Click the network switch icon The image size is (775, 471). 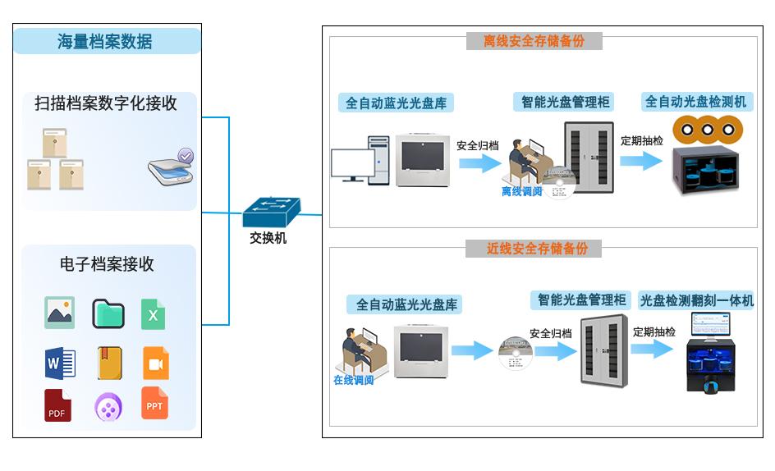(271, 213)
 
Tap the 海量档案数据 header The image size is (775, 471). (107, 41)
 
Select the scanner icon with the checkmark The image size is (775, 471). (172, 168)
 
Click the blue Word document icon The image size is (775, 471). (60, 362)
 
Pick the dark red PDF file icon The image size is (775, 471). (57, 405)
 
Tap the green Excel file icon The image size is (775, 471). (153, 314)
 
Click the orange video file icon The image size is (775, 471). (155, 363)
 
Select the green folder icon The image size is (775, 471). (108, 313)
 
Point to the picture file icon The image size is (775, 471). (59, 313)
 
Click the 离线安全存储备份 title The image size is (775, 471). (534, 41)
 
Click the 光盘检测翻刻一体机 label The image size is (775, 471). (696, 301)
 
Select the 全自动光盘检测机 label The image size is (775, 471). (696, 102)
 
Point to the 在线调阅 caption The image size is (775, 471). (353, 381)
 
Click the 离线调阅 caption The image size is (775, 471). (522, 191)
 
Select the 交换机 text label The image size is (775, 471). (268, 239)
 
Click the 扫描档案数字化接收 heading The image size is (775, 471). (106, 104)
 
